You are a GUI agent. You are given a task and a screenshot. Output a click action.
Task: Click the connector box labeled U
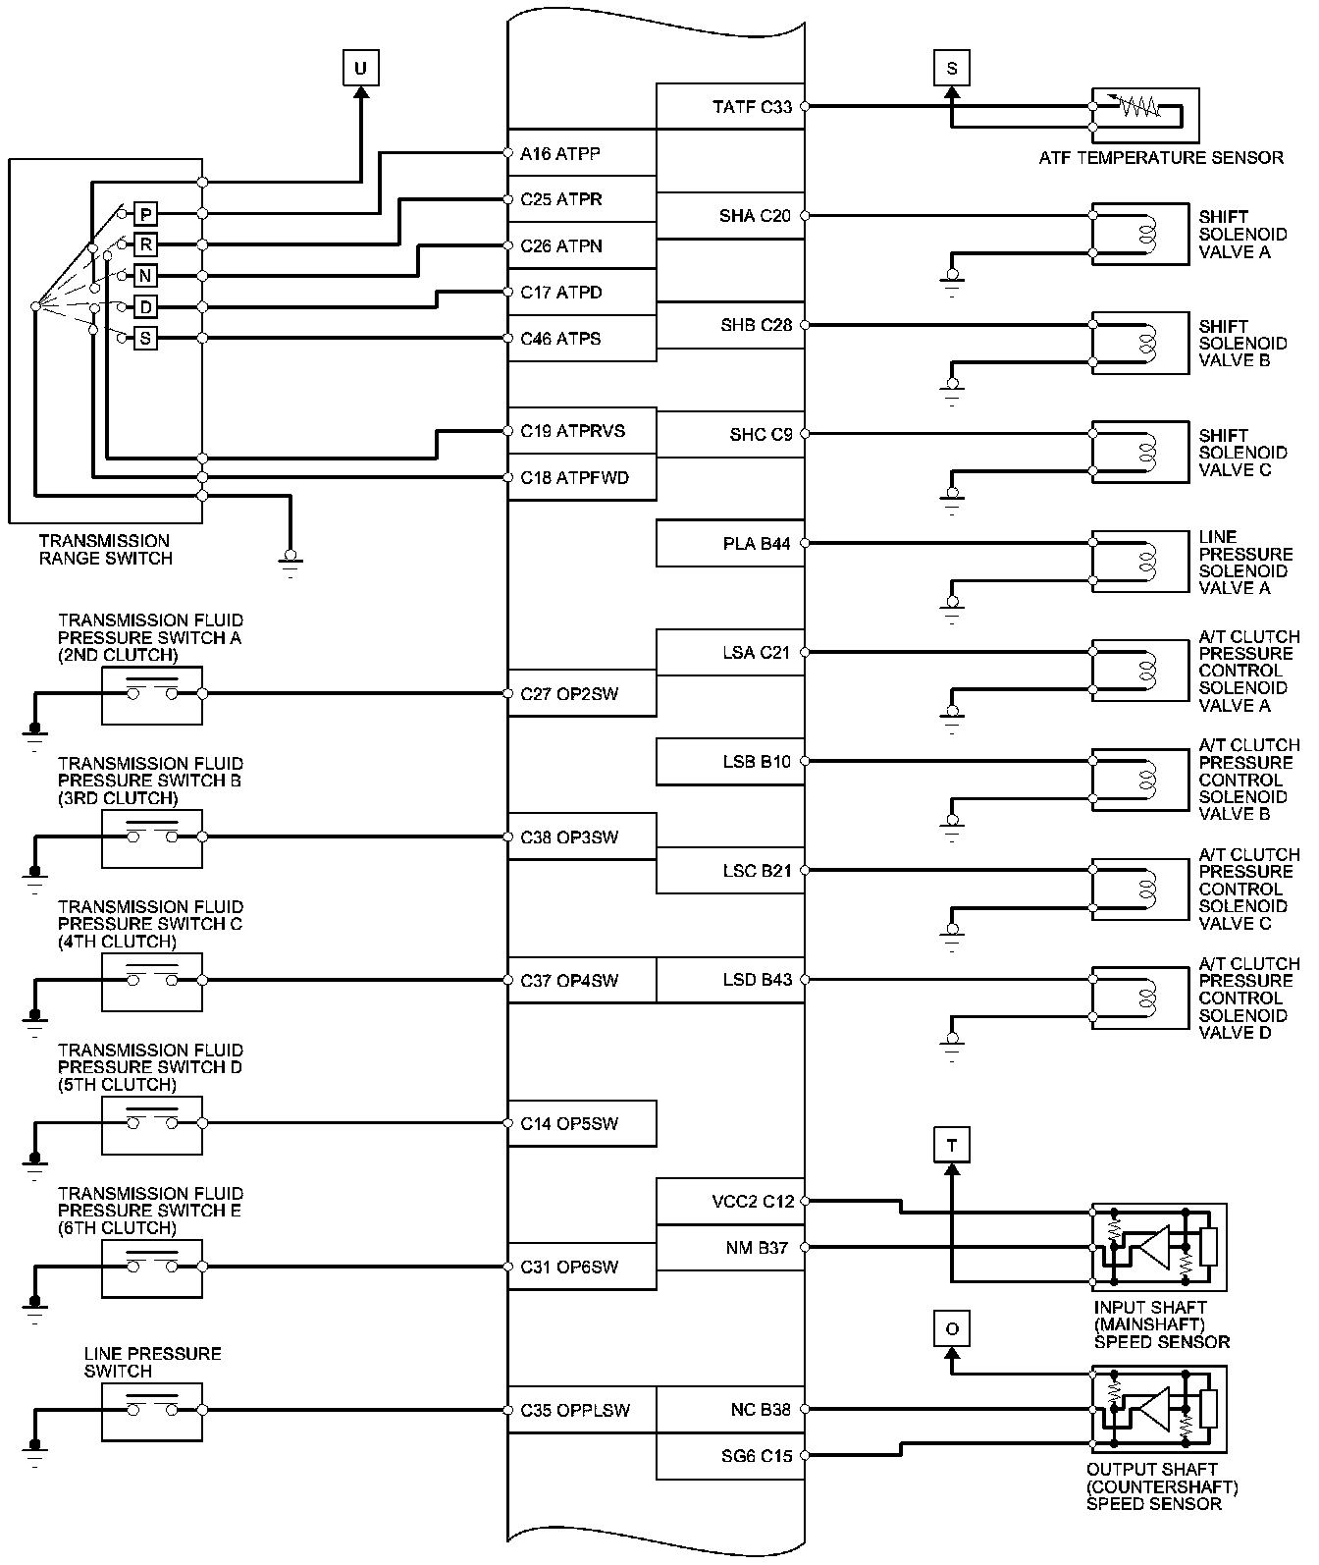[x=361, y=69]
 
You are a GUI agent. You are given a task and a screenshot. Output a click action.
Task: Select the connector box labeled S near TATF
[x=951, y=69]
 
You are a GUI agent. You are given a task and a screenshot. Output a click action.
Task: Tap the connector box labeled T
[x=951, y=1145]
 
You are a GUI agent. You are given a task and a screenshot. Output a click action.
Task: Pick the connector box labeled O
[x=951, y=1329]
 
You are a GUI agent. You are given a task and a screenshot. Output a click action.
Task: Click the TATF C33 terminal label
[x=752, y=107]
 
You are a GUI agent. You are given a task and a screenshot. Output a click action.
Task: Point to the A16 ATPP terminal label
[x=560, y=154]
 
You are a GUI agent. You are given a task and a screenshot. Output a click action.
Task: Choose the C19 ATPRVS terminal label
[x=572, y=431]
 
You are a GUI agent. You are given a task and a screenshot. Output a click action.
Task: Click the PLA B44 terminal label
[x=756, y=544]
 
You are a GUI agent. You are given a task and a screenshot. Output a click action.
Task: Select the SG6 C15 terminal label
[x=756, y=1456]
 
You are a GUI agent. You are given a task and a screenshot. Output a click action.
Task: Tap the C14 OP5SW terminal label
[x=569, y=1123]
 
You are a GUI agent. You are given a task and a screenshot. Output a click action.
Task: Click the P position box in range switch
[x=145, y=214]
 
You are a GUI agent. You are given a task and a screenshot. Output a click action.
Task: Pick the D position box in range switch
[x=145, y=307]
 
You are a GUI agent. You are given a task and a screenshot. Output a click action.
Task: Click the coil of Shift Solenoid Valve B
[x=1144, y=344]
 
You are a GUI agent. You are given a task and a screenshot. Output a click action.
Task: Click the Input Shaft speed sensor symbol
[x=1159, y=1247]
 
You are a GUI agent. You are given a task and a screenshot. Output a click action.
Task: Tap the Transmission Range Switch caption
[x=105, y=550]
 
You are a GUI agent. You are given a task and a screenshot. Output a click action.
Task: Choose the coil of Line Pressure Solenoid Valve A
[x=1144, y=562]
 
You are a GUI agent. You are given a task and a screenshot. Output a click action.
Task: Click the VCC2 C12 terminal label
[x=753, y=1202]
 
